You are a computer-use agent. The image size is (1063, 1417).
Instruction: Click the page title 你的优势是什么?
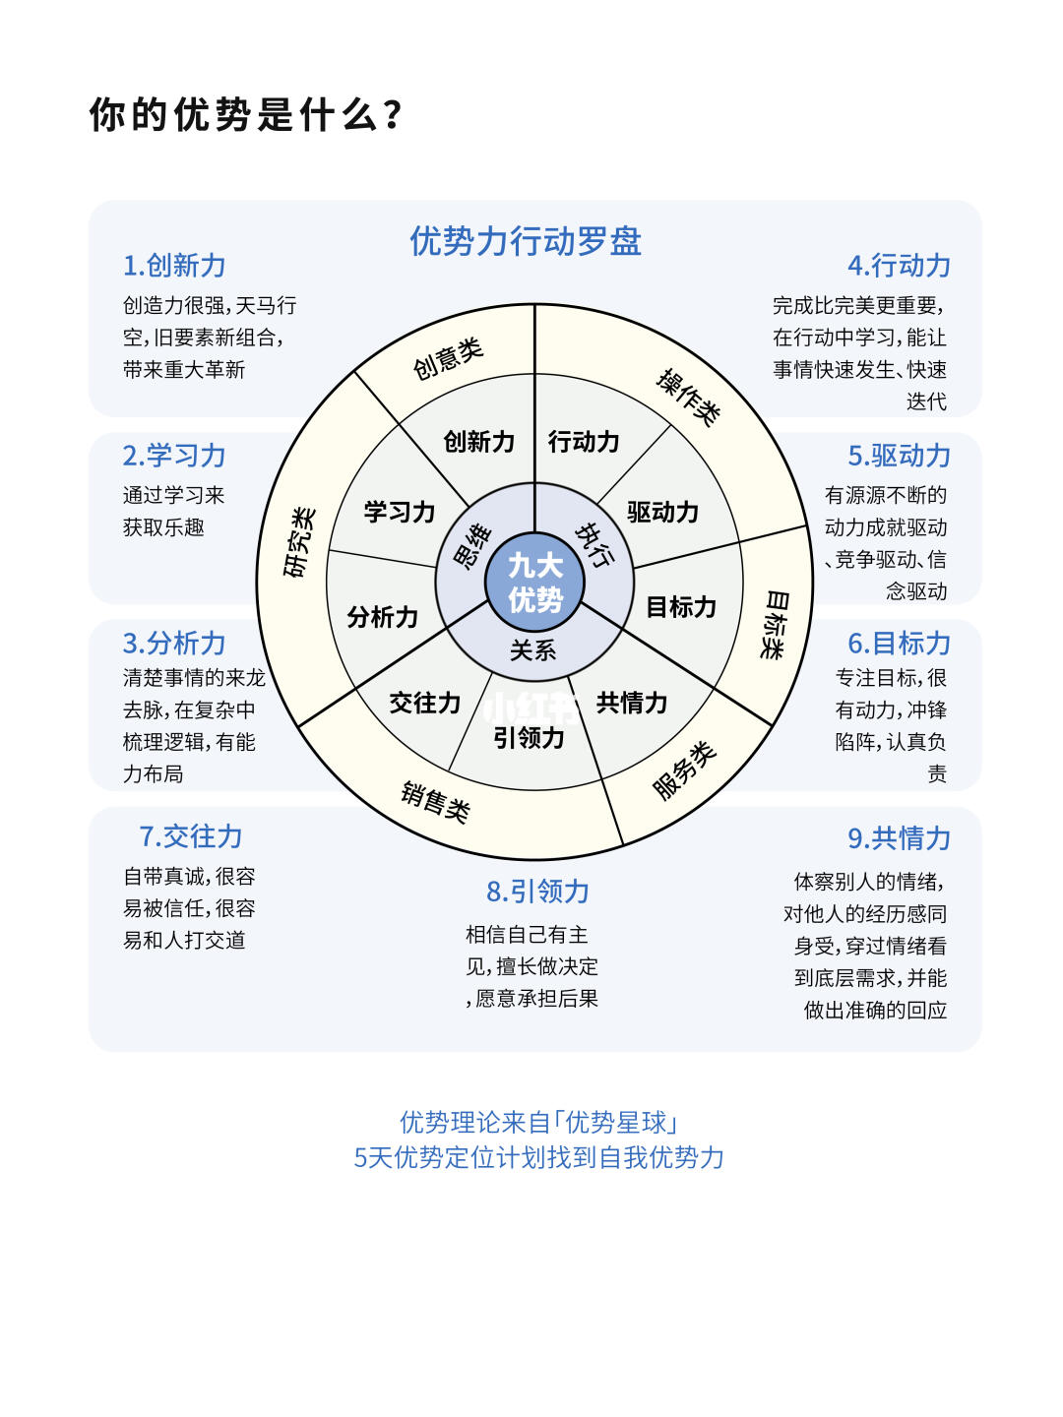click(246, 115)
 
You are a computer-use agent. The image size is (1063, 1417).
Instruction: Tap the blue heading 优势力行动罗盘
click(526, 241)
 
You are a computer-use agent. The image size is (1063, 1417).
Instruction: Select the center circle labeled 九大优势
click(534, 583)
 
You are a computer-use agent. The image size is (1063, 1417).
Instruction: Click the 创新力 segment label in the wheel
click(479, 442)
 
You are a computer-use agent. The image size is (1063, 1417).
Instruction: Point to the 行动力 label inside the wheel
click(584, 442)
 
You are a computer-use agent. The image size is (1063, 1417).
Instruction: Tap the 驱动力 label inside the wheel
click(662, 512)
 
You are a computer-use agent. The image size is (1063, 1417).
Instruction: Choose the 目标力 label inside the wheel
click(681, 607)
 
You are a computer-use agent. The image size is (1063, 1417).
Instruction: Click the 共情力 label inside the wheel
click(632, 703)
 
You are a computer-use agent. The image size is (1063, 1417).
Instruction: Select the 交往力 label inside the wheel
click(425, 703)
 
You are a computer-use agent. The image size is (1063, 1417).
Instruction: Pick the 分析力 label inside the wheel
click(383, 617)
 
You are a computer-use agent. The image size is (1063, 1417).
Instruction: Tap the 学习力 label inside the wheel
click(400, 512)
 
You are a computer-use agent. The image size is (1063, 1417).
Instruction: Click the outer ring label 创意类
click(448, 358)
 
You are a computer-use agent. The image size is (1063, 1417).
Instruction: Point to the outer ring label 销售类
click(435, 801)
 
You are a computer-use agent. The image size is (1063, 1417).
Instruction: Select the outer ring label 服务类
click(685, 770)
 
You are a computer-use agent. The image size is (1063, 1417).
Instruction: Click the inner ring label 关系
click(533, 650)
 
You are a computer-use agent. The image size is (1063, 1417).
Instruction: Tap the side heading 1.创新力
click(174, 266)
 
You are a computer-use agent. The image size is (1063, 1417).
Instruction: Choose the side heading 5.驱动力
click(899, 456)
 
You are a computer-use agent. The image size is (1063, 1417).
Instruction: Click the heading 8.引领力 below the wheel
click(537, 892)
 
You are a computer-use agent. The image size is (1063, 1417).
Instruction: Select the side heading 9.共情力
click(899, 838)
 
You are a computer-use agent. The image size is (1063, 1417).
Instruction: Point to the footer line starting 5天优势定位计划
click(538, 1157)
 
